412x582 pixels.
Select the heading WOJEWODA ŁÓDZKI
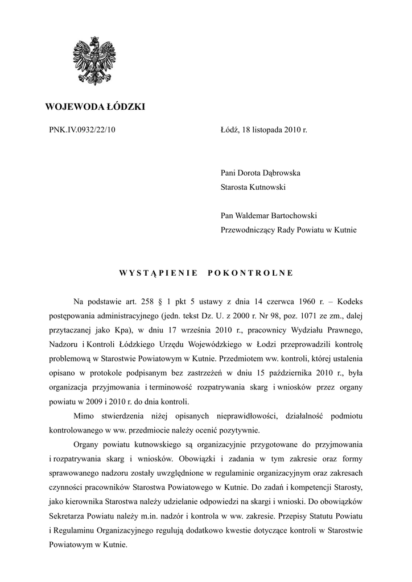(x=95, y=106)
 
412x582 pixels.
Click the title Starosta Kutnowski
(x=253, y=186)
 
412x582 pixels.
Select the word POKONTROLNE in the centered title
(x=250, y=273)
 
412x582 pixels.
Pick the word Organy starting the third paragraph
(x=88, y=444)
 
